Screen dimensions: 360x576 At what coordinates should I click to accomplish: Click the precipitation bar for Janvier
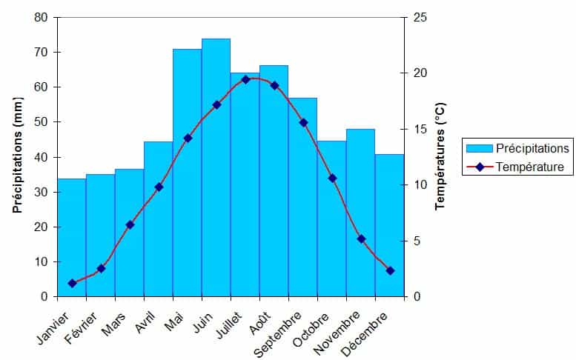coord(72,237)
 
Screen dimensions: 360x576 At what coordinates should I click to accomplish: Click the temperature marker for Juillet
coord(245,79)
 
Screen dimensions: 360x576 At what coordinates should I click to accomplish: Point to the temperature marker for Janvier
coord(72,283)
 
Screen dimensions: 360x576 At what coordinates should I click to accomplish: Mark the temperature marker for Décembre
coord(390,270)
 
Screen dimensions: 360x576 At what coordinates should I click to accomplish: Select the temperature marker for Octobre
coord(332,178)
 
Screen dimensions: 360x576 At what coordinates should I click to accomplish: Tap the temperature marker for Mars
coord(130,224)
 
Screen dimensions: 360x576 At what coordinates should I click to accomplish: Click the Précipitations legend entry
coord(532,148)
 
